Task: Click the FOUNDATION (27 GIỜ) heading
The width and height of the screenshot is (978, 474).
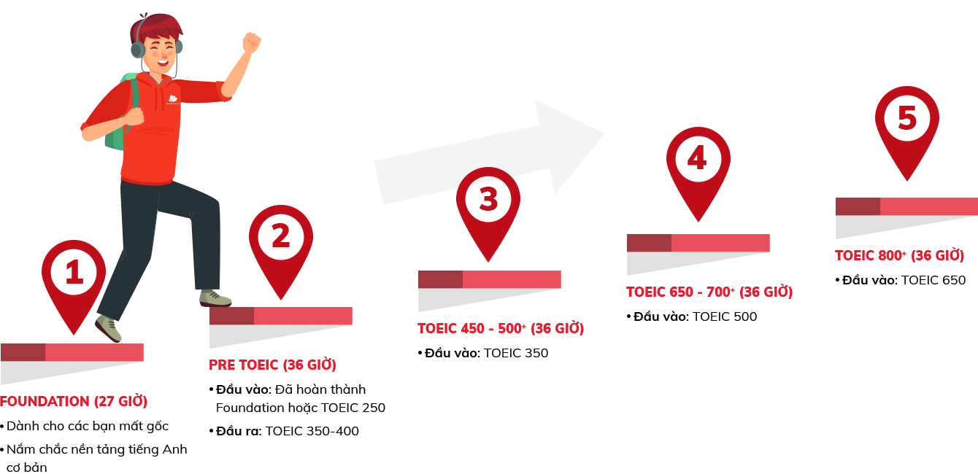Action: [74, 401]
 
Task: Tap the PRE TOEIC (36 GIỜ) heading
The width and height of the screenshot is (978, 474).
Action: [272, 365]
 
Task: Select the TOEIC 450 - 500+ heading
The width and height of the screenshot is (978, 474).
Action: [501, 329]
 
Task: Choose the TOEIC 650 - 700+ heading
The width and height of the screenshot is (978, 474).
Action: [709, 292]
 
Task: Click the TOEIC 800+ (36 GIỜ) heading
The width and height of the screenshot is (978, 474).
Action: [899, 256]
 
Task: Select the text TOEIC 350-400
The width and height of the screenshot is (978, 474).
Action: [312, 431]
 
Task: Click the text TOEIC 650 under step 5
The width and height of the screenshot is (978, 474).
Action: [933, 280]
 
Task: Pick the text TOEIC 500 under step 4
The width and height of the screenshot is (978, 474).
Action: [725, 316]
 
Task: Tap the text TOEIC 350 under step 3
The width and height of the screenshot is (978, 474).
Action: [516, 353]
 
